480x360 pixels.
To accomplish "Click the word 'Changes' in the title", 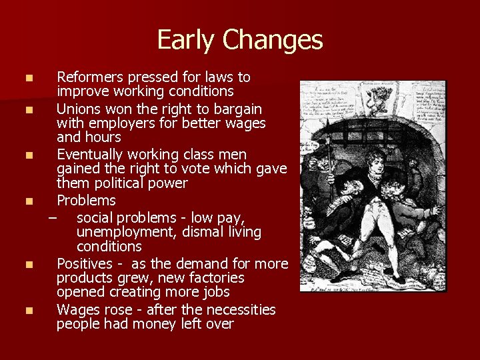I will point(273,41).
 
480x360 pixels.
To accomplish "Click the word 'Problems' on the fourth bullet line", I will point(86,200).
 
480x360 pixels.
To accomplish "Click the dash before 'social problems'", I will point(53,217).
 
